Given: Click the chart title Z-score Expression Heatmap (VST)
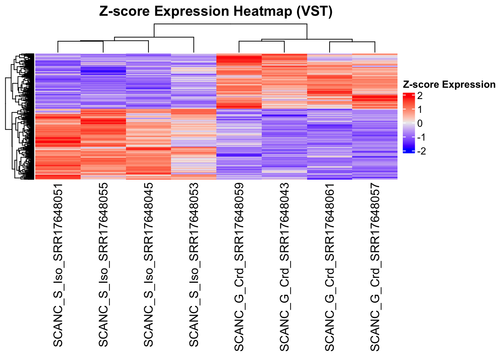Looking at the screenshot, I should click(216, 12).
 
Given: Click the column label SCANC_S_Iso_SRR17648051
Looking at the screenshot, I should click(58, 265).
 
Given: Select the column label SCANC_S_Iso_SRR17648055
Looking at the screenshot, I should click(103, 265).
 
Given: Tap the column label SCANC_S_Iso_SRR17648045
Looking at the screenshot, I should click(148, 265).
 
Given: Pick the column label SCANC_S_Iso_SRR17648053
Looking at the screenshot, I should click(194, 265).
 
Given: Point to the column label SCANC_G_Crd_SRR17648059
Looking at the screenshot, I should click(239, 267).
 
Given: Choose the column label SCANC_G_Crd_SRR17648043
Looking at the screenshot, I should click(284, 267).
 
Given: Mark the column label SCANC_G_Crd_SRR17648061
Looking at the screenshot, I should click(330, 267).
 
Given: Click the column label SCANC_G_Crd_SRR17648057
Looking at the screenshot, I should click(375, 267).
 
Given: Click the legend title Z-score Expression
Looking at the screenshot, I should click(449, 85).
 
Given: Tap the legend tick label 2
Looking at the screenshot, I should click(420, 96).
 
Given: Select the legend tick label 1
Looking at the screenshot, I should click(420, 109).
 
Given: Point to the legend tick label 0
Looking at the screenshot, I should click(420, 123).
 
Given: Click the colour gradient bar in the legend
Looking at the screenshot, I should click(408, 123).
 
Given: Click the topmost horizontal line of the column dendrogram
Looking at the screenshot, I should click(230, 24).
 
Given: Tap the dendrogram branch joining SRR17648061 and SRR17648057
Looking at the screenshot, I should click(352, 42).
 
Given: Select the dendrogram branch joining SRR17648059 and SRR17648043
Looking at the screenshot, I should click(262, 41).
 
